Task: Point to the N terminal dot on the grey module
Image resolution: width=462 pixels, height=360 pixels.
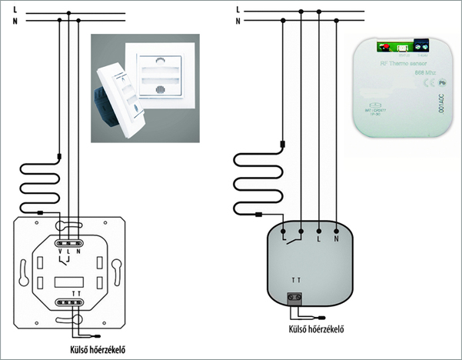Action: [335, 228]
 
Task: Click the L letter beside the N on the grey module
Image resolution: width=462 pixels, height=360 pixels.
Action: [318, 239]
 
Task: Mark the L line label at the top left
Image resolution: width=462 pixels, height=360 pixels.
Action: [6, 9]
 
